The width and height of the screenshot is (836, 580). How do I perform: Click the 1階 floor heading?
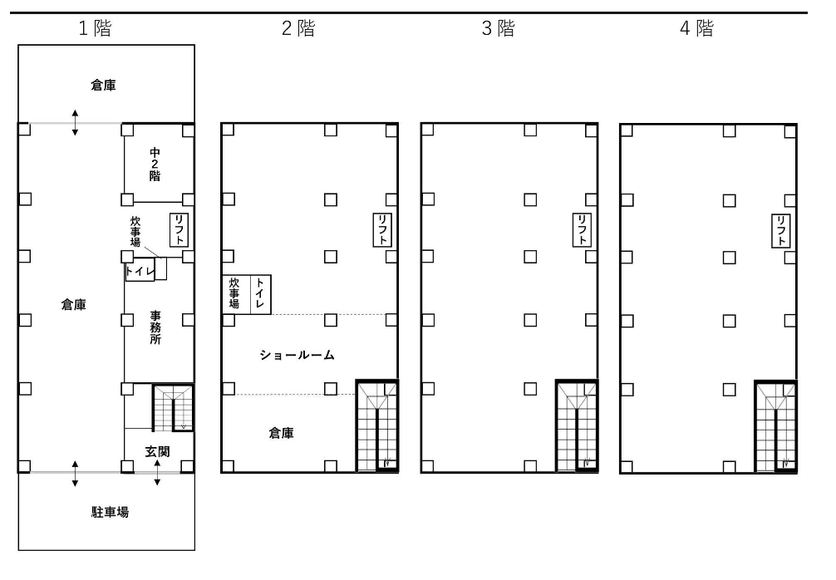[95, 28]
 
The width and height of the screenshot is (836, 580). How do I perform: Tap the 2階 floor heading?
[298, 28]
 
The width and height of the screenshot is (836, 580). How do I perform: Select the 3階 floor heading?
[498, 28]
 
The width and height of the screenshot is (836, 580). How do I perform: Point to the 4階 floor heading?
[696, 28]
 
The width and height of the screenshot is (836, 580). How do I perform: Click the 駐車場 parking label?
[110, 513]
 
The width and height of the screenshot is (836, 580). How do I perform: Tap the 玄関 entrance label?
[157, 451]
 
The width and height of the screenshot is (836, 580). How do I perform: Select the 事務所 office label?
[155, 327]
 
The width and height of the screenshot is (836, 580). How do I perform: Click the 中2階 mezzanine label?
[155, 165]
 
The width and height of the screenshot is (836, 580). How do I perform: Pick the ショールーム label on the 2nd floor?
[297, 355]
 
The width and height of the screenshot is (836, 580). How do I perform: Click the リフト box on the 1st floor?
[179, 230]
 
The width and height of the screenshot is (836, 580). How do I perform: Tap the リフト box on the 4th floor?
[781, 230]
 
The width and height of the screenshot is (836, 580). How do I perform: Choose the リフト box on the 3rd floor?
[582, 230]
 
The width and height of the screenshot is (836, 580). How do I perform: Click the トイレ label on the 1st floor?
[140, 272]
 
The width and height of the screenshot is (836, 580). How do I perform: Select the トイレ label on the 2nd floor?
[259, 292]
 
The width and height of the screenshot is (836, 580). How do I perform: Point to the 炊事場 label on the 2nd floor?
[234, 292]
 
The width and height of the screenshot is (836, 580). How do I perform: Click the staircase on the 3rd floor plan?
[577, 426]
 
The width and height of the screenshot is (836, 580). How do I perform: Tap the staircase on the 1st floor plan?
[174, 408]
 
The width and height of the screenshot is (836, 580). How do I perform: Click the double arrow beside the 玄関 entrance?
[157, 473]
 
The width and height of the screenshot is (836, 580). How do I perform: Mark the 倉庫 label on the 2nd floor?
[281, 433]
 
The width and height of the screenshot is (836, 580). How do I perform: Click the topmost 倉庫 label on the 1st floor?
[103, 86]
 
